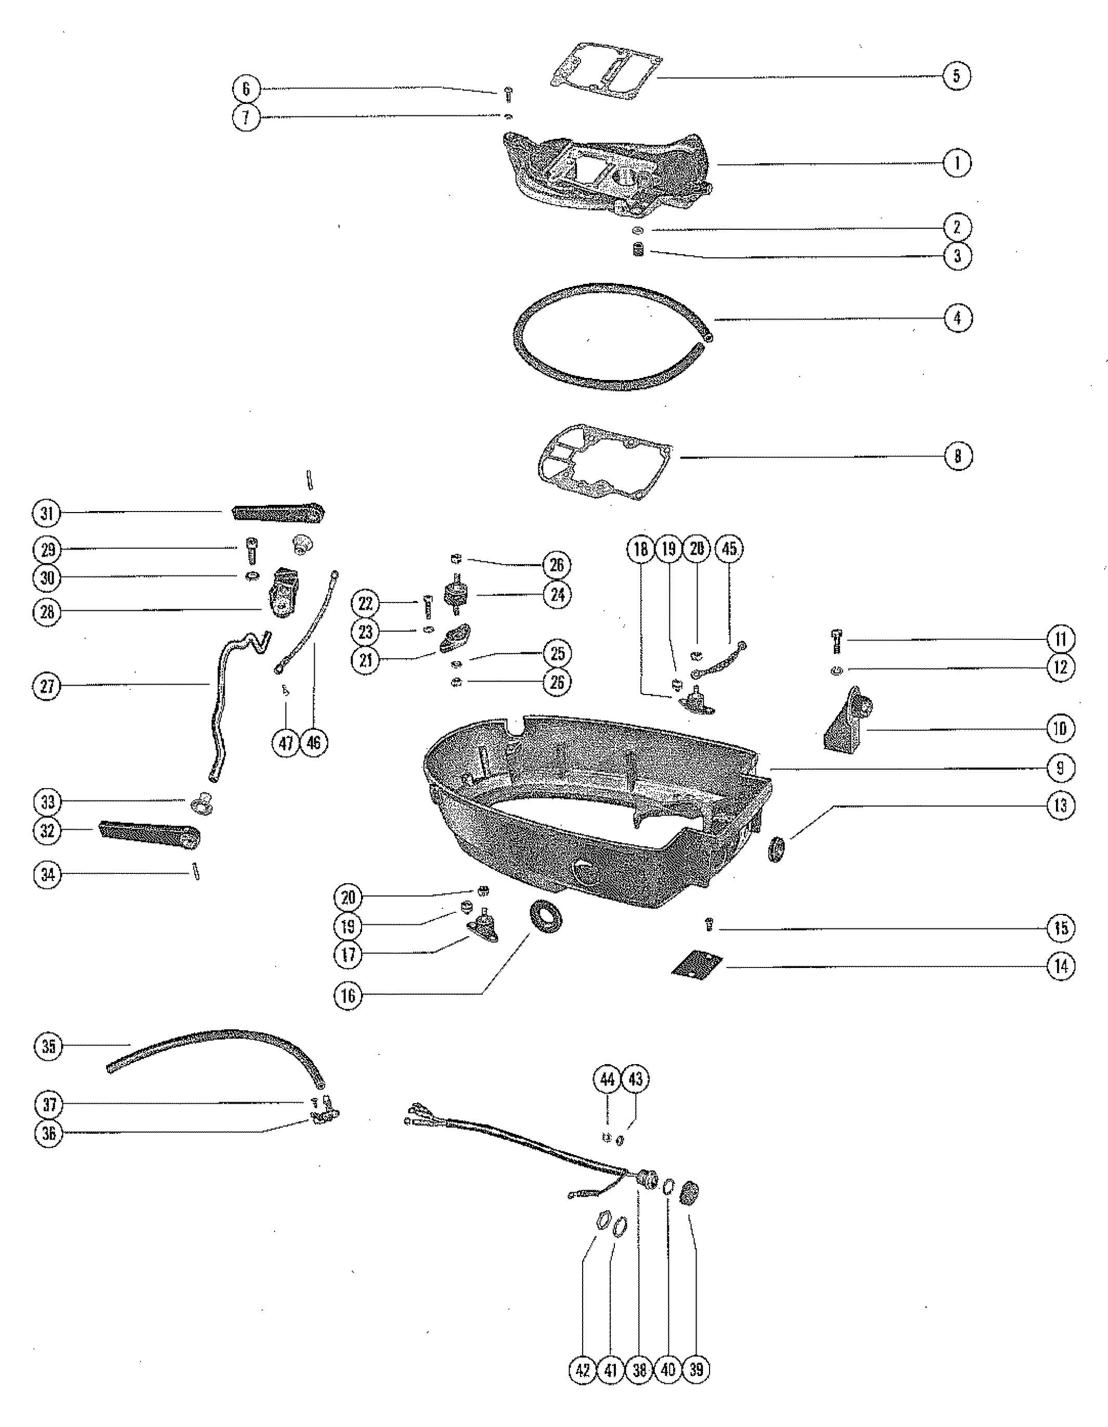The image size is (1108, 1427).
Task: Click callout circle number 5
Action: coord(956,76)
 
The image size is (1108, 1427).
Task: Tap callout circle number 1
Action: coord(957,163)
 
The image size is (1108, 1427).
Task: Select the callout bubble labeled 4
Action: coord(958,318)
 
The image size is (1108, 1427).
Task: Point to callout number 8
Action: coord(958,455)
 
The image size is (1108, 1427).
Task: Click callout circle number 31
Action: coord(47,513)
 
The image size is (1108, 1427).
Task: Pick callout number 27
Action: coord(47,687)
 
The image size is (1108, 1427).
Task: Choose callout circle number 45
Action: coord(729,549)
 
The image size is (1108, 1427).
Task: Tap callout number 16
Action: coord(348,996)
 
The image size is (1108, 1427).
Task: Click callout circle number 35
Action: coord(48,1046)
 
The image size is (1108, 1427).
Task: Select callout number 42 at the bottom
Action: coord(583,1369)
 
